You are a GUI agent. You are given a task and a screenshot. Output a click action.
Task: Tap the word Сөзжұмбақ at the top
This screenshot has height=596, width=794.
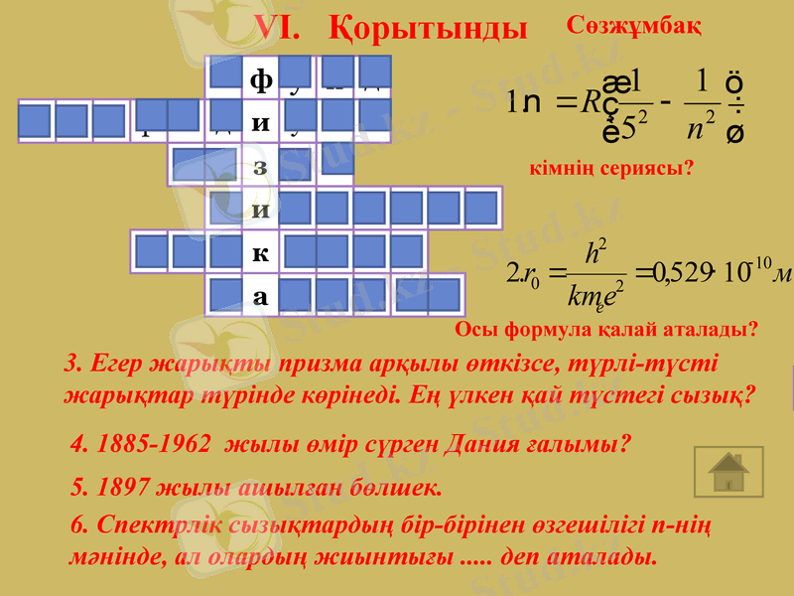point(636,25)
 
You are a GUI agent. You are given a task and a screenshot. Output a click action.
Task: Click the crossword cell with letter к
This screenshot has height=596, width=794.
point(260,251)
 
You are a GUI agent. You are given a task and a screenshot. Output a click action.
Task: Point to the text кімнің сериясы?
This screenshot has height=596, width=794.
point(612,170)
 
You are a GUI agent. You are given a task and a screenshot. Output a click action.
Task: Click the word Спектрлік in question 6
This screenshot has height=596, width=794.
point(149,523)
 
